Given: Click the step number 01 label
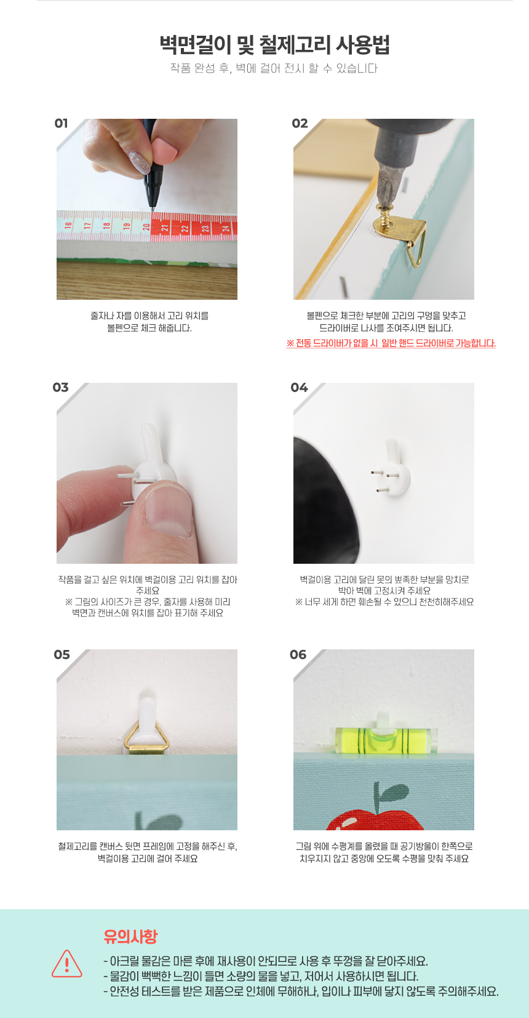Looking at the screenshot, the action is [x=62, y=123].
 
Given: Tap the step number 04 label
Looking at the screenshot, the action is [x=299, y=387].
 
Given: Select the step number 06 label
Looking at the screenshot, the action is [x=298, y=654].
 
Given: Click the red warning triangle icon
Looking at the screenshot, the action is [x=67, y=963].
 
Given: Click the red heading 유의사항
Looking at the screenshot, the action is [x=131, y=936].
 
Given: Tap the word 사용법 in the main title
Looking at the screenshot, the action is [x=363, y=44].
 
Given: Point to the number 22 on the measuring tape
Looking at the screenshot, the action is [x=185, y=228].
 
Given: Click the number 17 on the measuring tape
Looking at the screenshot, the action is [x=87, y=225].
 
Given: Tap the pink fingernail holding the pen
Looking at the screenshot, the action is [x=165, y=149].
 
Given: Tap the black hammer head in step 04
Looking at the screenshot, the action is [x=324, y=500].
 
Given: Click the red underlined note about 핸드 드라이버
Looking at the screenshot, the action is [x=391, y=343].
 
